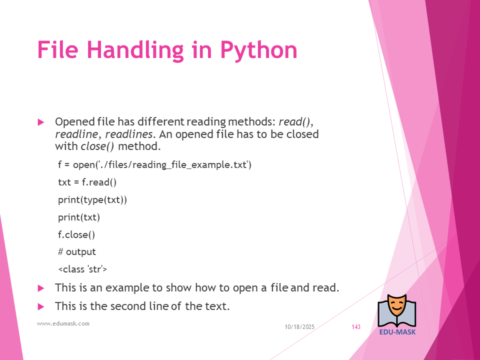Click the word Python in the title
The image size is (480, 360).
click(x=258, y=51)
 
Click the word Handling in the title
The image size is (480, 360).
click(x=135, y=50)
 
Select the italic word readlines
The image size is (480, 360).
click(x=129, y=134)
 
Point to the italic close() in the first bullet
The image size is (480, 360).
click(x=97, y=146)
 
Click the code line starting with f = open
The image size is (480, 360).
click(x=154, y=164)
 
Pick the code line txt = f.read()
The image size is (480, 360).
click(x=87, y=182)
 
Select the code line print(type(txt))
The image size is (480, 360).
click(x=92, y=200)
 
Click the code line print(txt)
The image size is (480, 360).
click(x=79, y=217)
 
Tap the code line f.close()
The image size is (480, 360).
click(x=76, y=235)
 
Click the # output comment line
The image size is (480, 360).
click(x=77, y=252)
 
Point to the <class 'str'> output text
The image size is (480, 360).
click(x=82, y=269)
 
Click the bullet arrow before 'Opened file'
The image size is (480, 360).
click(x=41, y=122)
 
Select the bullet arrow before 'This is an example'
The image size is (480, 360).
click(x=41, y=288)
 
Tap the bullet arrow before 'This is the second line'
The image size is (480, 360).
click(x=41, y=306)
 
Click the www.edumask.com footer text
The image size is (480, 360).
click(x=63, y=323)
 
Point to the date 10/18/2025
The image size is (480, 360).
click(x=299, y=327)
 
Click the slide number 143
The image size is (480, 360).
click(x=356, y=327)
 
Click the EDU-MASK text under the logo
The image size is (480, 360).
click(x=397, y=332)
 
